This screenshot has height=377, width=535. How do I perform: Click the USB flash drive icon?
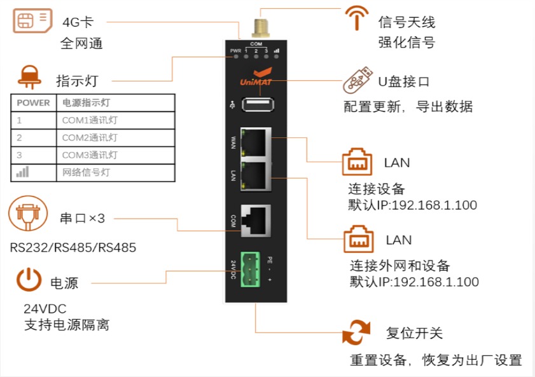(x=358, y=81)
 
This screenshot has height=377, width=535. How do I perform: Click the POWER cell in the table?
(x=33, y=102)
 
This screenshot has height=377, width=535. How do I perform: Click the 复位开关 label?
(x=414, y=333)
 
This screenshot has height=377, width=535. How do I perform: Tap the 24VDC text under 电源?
(x=45, y=309)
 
